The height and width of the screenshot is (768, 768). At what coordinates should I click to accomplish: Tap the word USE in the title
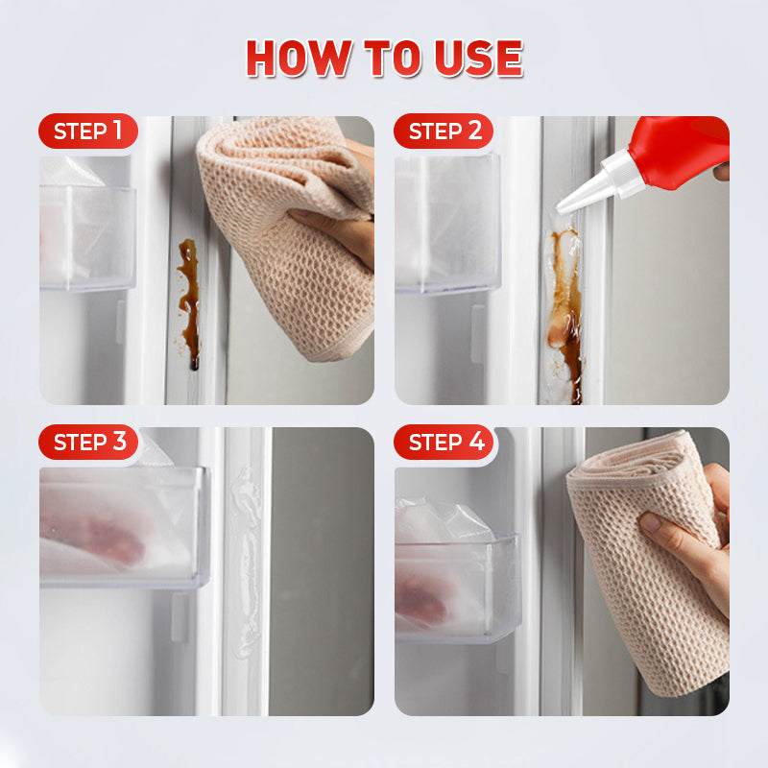tap(478, 58)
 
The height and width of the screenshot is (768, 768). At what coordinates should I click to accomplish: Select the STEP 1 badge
tap(88, 131)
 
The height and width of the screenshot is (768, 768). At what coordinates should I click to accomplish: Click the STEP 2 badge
tap(444, 131)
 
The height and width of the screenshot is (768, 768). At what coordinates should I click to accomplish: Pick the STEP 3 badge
tap(88, 442)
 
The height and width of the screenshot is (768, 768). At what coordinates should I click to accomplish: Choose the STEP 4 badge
tap(444, 442)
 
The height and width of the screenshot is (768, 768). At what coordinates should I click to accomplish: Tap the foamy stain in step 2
tap(565, 314)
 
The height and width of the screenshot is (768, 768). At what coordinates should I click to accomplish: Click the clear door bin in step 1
tap(87, 237)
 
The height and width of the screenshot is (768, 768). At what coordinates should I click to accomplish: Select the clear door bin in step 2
tap(447, 225)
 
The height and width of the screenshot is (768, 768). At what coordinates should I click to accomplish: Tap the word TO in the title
tap(393, 58)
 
